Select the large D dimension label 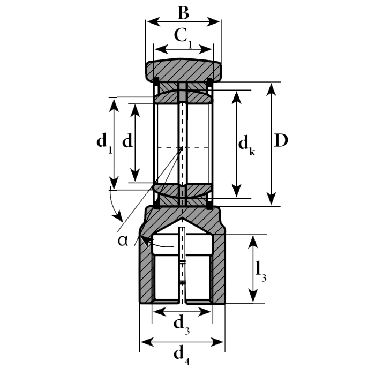click(281, 141)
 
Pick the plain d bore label click(127, 141)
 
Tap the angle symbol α click(123, 240)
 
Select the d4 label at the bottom click(182, 354)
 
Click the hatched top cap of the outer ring click(183, 69)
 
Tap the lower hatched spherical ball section click(183, 190)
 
